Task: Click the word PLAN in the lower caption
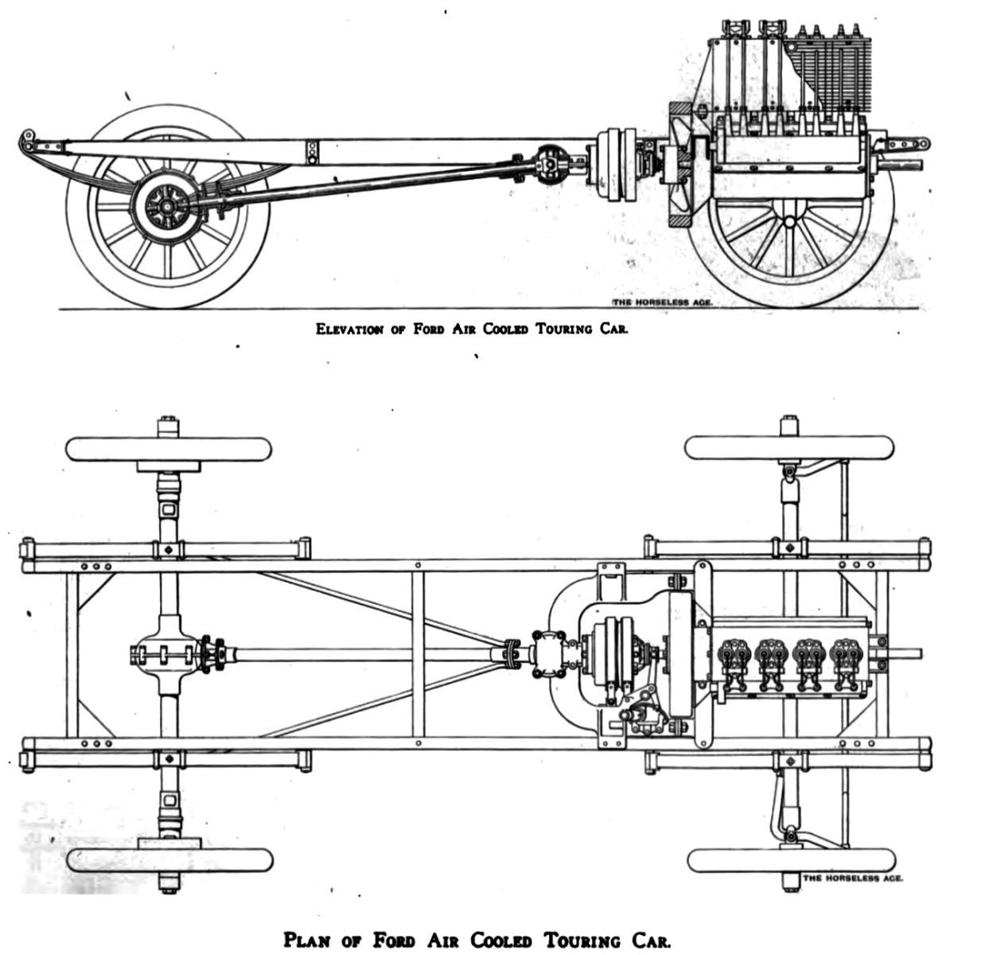click(x=308, y=940)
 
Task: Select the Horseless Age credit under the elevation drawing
click(x=660, y=303)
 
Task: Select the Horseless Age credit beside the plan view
click(x=852, y=879)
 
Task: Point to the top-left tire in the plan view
click(x=169, y=449)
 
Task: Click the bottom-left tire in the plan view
click(x=169, y=860)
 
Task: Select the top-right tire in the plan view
click(x=788, y=447)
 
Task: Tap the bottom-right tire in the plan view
click(x=790, y=860)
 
